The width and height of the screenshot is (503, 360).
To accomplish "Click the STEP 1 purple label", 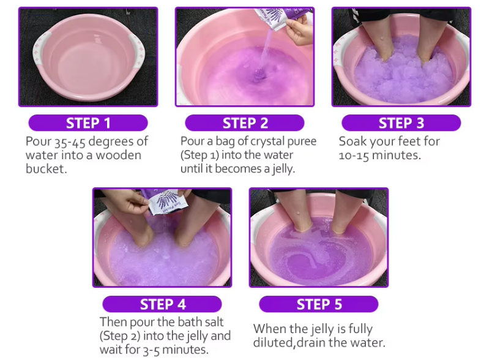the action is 88,123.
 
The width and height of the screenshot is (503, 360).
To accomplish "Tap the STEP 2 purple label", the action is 245,123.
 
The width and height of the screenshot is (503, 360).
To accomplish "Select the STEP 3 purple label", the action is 401,123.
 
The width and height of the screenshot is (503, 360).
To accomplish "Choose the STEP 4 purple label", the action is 162,304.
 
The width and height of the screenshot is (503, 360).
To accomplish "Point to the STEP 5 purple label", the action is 319,304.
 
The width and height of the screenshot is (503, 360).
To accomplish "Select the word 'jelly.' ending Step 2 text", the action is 283,169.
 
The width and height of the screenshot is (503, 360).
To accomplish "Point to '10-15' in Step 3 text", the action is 354,156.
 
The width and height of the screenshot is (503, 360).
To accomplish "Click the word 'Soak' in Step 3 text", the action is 352,141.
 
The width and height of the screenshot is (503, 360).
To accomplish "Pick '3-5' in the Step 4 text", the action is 151,350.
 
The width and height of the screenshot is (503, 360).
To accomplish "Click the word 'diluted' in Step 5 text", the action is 273,343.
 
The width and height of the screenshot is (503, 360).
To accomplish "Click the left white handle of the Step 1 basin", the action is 42,51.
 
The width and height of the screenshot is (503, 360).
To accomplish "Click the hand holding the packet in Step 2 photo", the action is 299,31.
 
